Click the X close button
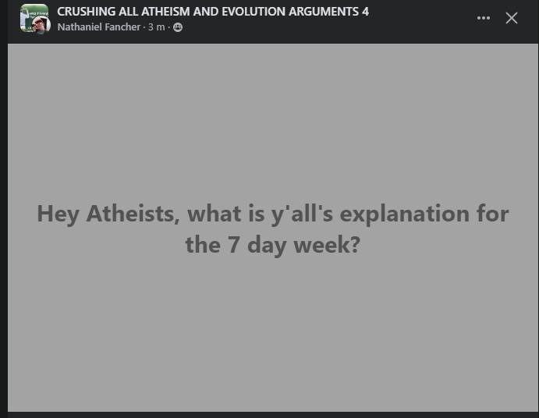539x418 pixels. [512, 18]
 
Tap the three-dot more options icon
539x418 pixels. [484, 18]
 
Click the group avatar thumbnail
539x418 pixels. [34, 19]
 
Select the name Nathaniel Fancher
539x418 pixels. [99, 27]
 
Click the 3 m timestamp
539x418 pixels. [157, 27]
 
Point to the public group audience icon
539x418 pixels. [178, 27]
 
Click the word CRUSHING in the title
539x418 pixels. [87, 12]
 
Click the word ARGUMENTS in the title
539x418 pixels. [324, 12]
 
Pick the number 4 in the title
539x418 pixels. [365, 12]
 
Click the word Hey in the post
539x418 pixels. [58, 214]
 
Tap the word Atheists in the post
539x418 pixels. [133, 214]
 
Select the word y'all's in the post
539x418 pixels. [302, 214]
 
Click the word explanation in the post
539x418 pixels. [405, 214]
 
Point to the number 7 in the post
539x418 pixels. [233, 245]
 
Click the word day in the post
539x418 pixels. [267, 246]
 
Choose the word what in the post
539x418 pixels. [215, 214]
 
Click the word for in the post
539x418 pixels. [493, 213]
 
